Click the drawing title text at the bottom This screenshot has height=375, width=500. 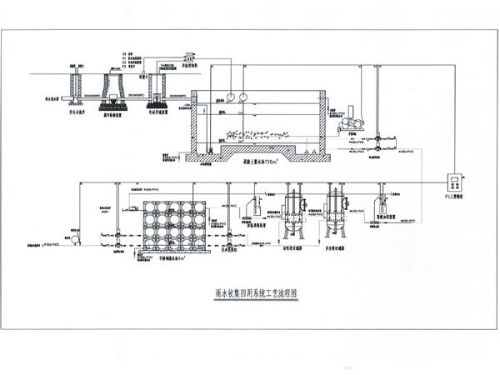pos(249,294)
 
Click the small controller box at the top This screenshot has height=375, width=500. pos(189,56)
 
